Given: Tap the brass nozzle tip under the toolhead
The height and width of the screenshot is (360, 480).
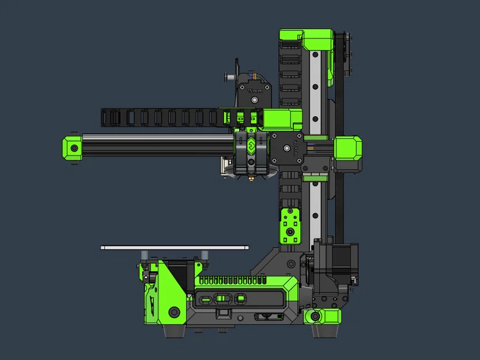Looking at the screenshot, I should [x=251, y=180].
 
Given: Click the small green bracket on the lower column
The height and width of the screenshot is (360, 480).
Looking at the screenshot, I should [x=289, y=225].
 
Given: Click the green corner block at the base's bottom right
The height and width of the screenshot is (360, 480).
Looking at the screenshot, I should [x=326, y=316].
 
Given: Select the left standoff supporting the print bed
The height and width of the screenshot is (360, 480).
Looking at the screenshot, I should [x=144, y=255].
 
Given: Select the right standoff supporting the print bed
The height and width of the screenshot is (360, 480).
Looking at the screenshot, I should [x=205, y=255].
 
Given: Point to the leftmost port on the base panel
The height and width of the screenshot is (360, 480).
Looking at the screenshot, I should [x=206, y=299].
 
